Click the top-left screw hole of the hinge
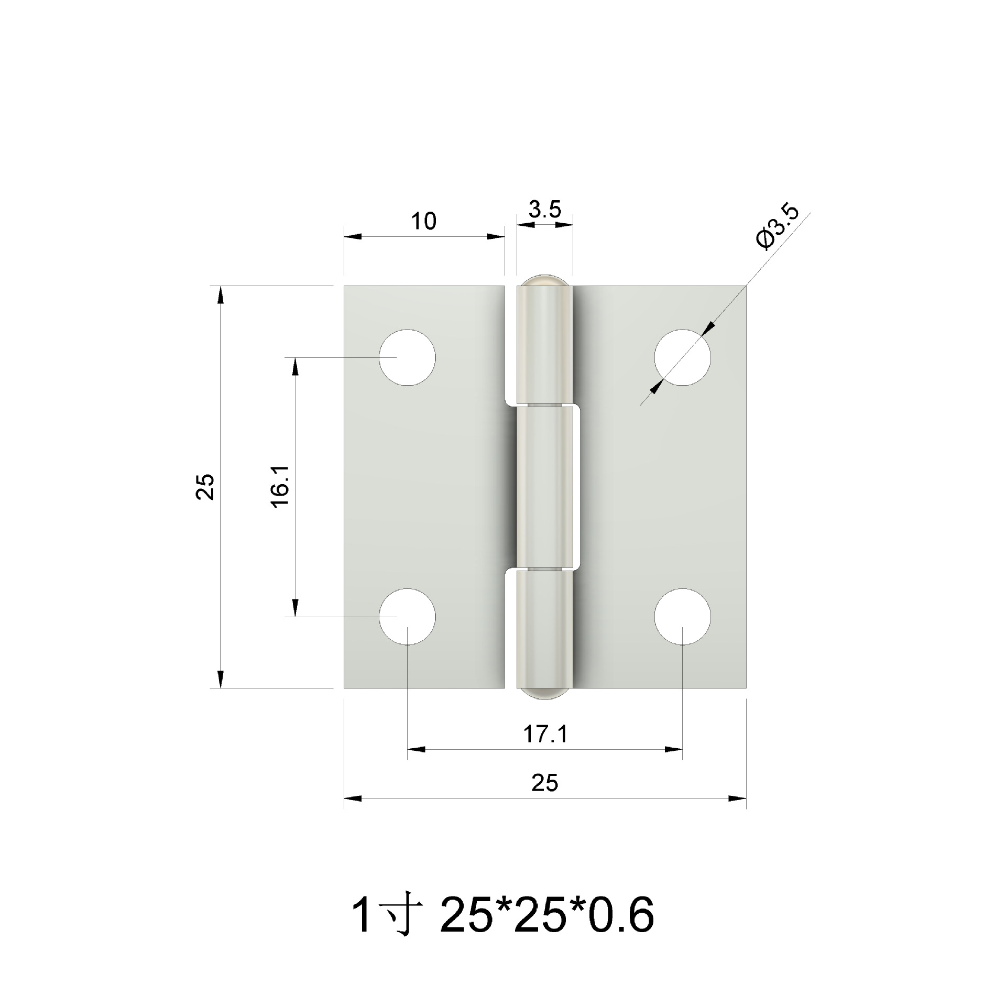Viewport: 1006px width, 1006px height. [408, 357]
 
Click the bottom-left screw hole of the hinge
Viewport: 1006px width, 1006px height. [408, 617]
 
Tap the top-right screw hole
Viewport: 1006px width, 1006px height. [682, 357]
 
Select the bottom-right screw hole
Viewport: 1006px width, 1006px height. [682, 617]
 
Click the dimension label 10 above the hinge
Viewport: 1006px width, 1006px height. [423, 222]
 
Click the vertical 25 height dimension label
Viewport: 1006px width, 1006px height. [206, 487]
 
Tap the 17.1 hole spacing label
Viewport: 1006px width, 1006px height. [545, 735]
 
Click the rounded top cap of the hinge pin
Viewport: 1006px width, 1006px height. [544, 281]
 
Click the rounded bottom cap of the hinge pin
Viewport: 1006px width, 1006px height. [544, 693]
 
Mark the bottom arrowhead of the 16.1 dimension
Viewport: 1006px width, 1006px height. [296, 608]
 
